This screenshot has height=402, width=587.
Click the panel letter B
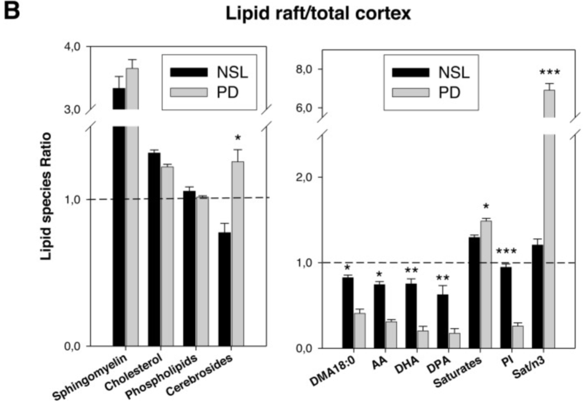click(12, 12)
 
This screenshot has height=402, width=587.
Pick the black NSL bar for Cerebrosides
click(224, 289)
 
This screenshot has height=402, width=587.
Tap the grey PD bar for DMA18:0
click(360, 330)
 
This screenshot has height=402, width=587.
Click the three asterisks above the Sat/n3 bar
click(549, 72)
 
